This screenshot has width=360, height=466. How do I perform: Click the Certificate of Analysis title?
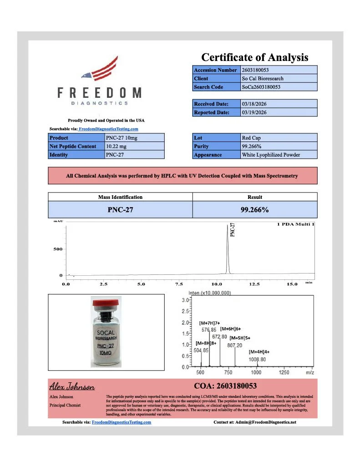point(254,57)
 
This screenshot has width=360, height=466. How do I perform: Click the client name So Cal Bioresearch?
point(263,78)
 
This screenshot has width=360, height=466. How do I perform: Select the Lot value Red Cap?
point(252,137)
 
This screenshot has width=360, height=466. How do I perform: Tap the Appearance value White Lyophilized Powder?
point(271,155)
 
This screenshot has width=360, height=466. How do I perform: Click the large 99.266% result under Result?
point(254,210)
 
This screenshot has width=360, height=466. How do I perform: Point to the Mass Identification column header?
point(120,197)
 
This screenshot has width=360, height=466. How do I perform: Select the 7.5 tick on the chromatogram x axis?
point(178,284)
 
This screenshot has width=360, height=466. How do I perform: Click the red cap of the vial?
point(106,302)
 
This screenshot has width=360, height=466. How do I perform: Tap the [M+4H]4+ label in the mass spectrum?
point(259,352)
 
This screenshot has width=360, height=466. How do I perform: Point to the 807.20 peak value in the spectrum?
point(235,345)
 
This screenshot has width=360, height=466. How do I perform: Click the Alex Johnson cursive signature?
point(72,387)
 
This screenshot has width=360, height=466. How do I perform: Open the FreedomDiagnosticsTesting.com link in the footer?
point(121,422)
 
